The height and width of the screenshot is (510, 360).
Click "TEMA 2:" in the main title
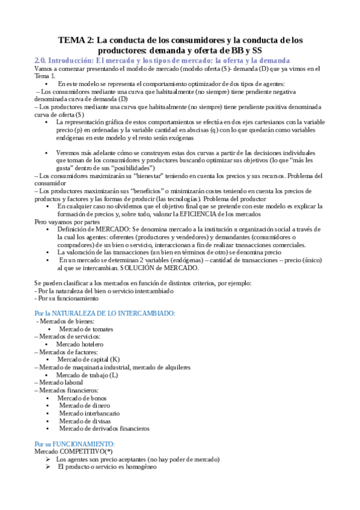(75, 41)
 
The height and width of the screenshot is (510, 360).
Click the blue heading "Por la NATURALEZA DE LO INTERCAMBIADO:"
(105, 313)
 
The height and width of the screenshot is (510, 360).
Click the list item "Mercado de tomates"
(86, 329)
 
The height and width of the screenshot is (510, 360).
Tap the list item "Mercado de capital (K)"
(89, 359)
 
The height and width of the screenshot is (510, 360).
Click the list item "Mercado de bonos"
(82, 398)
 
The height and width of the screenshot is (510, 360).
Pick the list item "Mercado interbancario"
(89, 413)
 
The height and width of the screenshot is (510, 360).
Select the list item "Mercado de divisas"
(84, 421)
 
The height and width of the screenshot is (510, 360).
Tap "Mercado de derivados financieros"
(104, 428)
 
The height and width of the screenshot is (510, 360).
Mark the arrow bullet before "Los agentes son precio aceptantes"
(48, 459)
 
